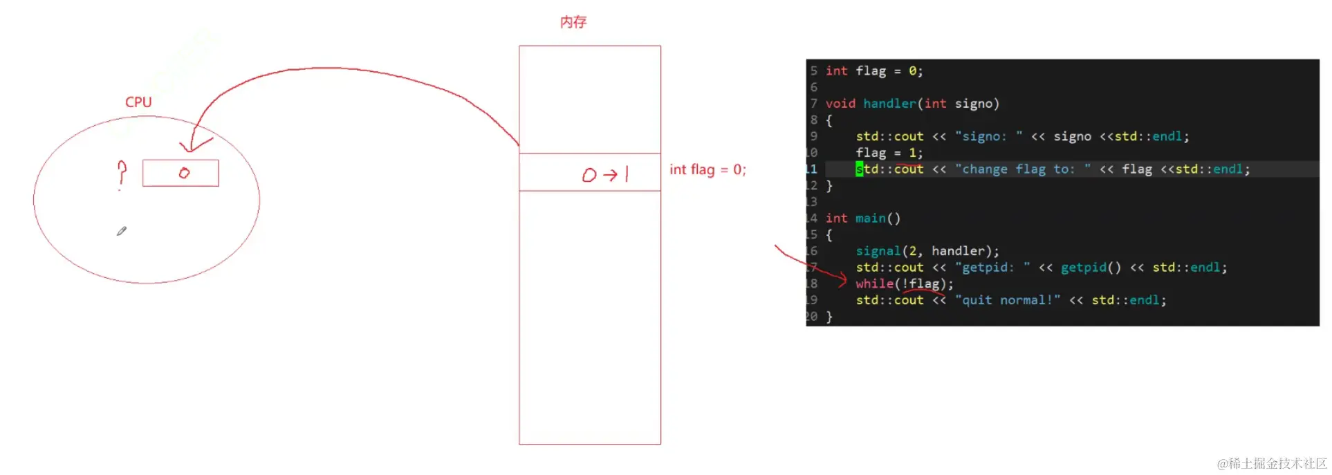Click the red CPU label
click(x=138, y=102)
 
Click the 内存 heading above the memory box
click(x=573, y=22)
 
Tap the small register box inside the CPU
click(x=181, y=173)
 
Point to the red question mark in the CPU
click(x=122, y=172)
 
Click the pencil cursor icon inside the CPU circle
click(x=122, y=231)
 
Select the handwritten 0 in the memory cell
click(x=589, y=175)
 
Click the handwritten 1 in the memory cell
click(x=627, y=174)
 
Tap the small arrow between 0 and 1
click(x=610, y=175)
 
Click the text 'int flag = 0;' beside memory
click(x=707, y=169)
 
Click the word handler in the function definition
click(x=889, y=104)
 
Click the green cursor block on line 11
click(x=859, y=169)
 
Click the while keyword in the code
click(x=874, y=283)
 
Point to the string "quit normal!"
click(x=1007, y=300)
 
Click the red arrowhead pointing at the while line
click(x=842, y=279)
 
